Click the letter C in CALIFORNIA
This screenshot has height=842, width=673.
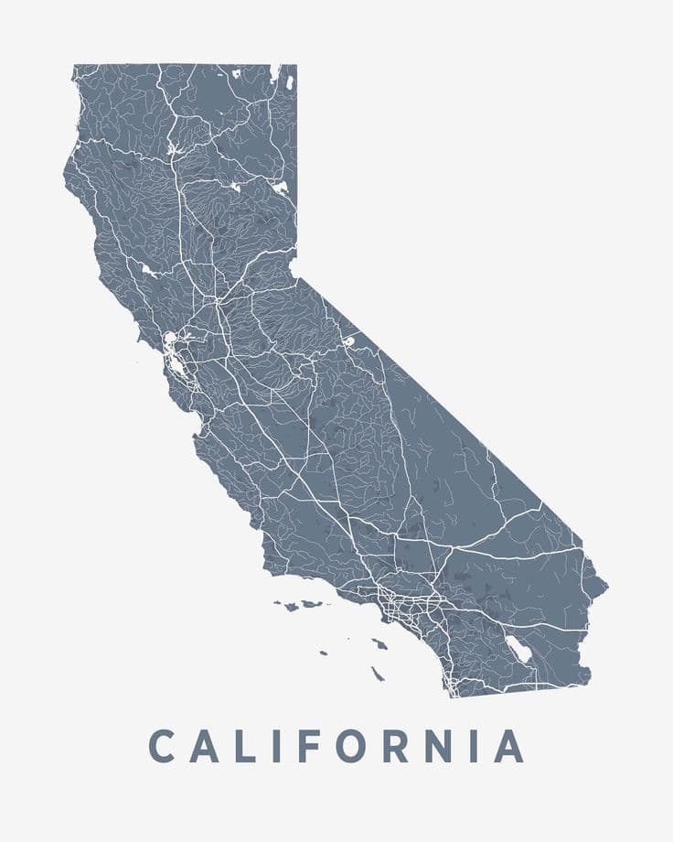[162, 746]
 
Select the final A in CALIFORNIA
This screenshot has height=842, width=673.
[509, 746]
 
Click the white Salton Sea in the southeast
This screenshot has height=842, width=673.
[519, 649]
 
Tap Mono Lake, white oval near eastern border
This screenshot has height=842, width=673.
[347, 341]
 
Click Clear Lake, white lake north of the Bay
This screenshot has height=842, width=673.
[146, 270]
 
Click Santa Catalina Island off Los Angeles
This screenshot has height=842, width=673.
[379, 643]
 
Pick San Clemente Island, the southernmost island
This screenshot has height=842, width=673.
[378, 675]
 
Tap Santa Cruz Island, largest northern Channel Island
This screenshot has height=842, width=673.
[314, 604]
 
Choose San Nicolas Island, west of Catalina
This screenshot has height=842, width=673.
[323, 653]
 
